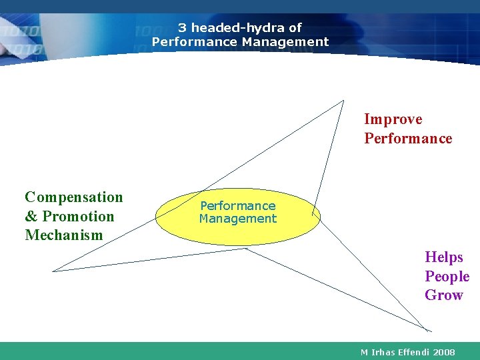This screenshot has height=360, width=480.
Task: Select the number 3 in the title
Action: click(x=181, y=28)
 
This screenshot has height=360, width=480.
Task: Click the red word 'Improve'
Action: click(x=393, y=119)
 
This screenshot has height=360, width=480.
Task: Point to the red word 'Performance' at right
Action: click(x=407, y=139)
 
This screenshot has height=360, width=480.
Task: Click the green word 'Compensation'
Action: click(x=74, y=197)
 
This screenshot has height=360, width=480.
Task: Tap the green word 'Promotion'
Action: click(x=78, y=217)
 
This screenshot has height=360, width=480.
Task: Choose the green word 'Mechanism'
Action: click(x=64, y=235)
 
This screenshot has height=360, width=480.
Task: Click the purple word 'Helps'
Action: click(x=444, y=257)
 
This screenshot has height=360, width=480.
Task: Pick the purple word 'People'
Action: click(x=447, y=277)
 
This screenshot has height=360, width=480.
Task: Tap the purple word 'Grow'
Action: click(x=443, y=295)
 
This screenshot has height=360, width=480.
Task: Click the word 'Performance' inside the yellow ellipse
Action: click(x=238, y=206)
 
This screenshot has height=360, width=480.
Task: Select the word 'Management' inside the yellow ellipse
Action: click(x=238, y=219)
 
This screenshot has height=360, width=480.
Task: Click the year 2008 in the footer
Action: click(x=443, y=352)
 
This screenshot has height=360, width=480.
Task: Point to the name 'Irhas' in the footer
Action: click(x=385, y=352)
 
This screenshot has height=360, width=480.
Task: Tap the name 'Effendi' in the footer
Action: click(x=415, y=352)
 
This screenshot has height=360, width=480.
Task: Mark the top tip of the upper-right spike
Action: click(x=343, y=101)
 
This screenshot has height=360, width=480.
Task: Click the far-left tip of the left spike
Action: click(x=53, y=271)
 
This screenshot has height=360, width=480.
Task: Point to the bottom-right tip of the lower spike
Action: click(x=429, y=331)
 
